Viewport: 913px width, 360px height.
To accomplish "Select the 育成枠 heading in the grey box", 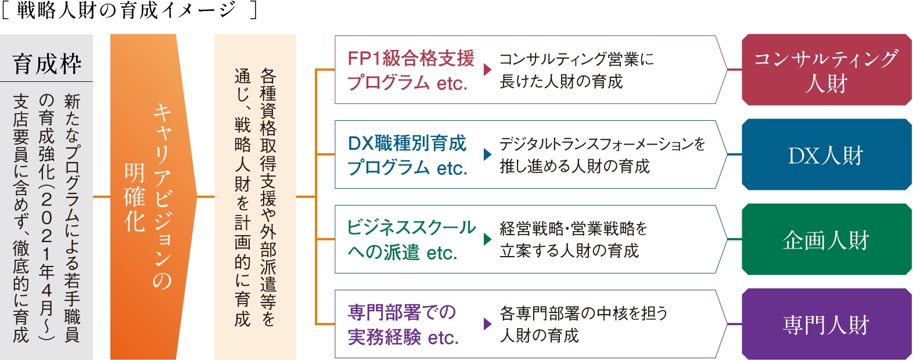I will (x=47, y=64).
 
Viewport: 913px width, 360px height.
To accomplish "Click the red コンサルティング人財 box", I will (x=826, y=70).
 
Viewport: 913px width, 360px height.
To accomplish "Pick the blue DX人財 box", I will (x=826, y=154).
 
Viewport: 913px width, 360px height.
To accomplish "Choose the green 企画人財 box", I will (x=826, y=239).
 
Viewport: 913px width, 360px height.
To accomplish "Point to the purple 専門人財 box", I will (x=826, y=324).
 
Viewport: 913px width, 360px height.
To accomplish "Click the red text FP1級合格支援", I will (x=411, y=59).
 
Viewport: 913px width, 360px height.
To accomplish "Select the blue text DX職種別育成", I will (x=407, y=143).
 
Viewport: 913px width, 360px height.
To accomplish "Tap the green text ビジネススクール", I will (x=411, y=228).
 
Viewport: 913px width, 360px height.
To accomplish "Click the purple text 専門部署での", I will (x=402, y=312).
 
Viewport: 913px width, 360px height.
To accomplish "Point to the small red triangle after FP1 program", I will (x=487, y=70).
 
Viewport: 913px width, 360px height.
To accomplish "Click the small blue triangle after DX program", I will (x=487, y=154).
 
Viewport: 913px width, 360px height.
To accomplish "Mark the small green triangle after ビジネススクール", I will (x=487, y=239).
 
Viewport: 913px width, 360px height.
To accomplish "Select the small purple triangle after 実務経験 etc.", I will (x=487, y=324).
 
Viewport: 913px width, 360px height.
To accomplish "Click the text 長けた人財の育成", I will (x=561, y=81).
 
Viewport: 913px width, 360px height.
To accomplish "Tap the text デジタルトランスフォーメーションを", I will (x=602, y=144).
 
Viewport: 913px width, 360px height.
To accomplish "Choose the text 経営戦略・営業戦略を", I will (x=573, y=229).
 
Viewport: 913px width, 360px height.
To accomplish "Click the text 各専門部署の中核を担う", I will (x=583, y=314).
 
